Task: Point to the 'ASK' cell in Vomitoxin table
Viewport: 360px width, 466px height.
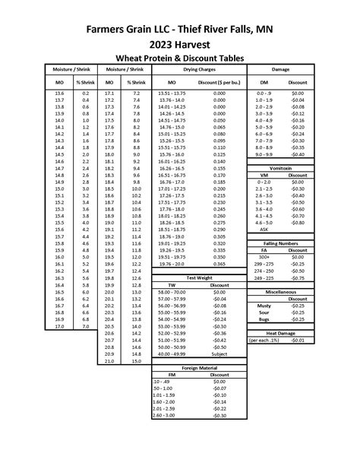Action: click(x=264, y=229)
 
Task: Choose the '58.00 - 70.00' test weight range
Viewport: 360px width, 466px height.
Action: click(x=172, y=292)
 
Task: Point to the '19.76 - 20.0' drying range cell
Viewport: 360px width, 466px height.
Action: click(x=172, y=264)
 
